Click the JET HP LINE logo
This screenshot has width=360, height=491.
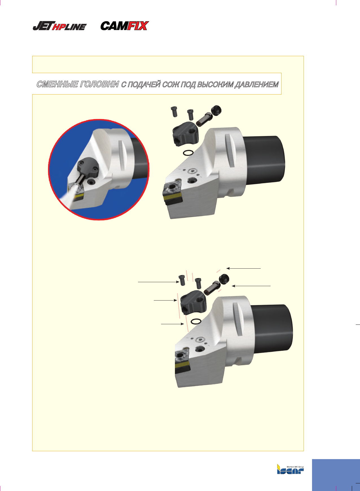(x=60, y=26)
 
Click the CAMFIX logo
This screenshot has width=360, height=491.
(x=124, y=26)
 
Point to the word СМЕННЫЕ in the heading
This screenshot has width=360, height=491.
(x=57, y=84)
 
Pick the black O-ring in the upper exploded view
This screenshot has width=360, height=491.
(x=188, y=153)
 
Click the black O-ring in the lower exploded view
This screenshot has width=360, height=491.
(x=196, y=321)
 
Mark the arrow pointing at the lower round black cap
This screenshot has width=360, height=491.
(x=251, y=286)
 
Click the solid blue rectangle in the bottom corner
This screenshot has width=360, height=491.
(x=336, y=475)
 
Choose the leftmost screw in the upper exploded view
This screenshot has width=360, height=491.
(x=174, y=112)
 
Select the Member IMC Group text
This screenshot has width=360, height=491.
(x=295, y=467)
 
